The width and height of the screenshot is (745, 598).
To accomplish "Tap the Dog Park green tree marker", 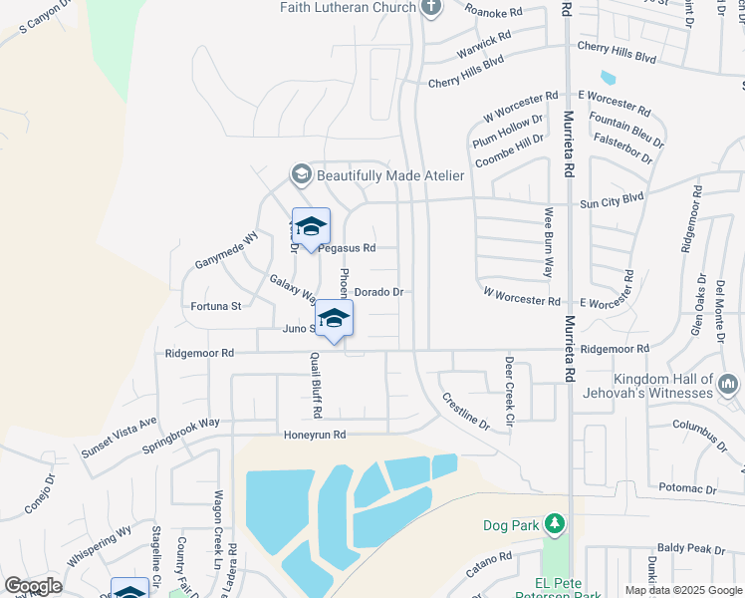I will pyautogui.click(x=555, y=523).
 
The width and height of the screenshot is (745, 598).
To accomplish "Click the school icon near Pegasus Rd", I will pyautogui.click(x=311, y=227).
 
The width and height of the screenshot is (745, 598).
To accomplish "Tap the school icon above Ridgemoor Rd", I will pyautogui.click(x=334, y=319).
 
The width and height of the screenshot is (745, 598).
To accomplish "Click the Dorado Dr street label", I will pyautogui.click(x=378, y=292).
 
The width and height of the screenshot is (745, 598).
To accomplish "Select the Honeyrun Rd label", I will pyautogui.click(x=314, y=435).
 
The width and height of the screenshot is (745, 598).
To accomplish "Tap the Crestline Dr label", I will pyautogui.click(x=465, y=410).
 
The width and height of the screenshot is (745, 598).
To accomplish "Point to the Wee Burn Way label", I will pyautogui.click(x=548, y=242).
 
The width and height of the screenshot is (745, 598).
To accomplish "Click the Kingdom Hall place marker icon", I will pyautogui.click(x=728, y=384).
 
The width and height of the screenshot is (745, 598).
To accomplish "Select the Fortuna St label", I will pyautogui.click(x=216, y=306).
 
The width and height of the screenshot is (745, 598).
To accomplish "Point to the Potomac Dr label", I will pyautogui.click(x=688, y=489).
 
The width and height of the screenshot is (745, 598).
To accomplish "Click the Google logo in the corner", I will pyautogui.click(x=33, y=586).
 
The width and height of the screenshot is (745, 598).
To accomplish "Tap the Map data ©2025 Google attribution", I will pyautogui.click(x=684, y=590).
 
